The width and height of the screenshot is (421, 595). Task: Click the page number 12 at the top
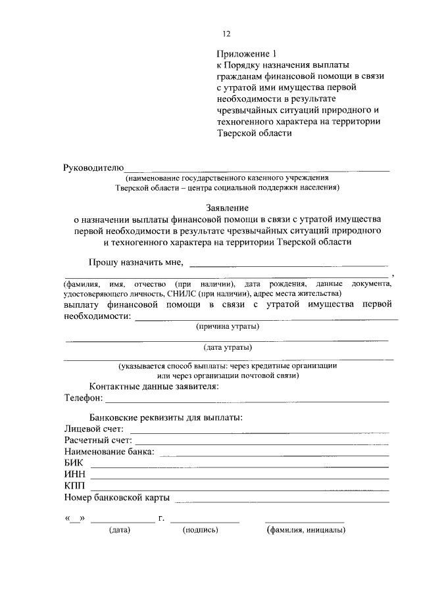227,33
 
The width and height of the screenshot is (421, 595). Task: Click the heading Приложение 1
244,53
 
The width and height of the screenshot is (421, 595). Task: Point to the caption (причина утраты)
228,326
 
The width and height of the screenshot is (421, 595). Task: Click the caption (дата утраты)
228,348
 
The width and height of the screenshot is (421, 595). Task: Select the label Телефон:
84,398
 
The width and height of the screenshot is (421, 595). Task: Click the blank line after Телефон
247,400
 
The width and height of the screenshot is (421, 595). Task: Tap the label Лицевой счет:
94,429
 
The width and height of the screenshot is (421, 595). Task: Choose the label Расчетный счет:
98,440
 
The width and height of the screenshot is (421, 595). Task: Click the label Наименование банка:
109,452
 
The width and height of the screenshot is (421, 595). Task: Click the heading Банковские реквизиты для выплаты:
166,417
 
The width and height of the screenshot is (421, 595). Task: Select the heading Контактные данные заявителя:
154,386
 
